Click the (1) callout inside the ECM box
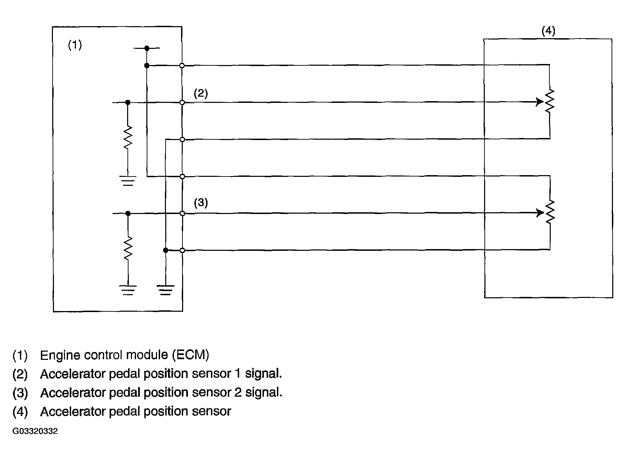coord(75,45)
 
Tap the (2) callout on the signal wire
coord(201,94)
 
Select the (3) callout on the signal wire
coord(201,203)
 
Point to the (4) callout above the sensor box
coord(548,31)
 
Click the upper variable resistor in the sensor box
coord(550,101)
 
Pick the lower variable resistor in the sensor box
coord(550,212)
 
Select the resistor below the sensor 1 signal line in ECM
coord(128,138)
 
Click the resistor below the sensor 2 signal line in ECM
coord(128,248)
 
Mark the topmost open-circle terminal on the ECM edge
coord(182,65)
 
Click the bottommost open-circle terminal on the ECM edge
coord(182,250)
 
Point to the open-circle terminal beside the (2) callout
coord(182,103)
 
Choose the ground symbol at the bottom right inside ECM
coord(165,290)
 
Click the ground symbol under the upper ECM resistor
coord(128,181)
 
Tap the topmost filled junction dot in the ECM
coord(147,48)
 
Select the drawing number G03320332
coord(35,431)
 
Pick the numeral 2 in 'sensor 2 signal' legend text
coord(238,393)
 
